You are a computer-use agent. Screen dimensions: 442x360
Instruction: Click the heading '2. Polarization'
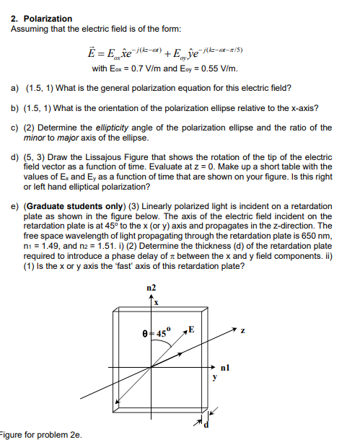point(42,18)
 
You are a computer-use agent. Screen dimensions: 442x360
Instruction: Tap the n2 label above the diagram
point(150,288)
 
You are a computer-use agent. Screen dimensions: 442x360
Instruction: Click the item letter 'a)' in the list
point(15,88)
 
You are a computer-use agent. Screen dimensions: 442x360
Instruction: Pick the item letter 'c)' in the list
point(15,128)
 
